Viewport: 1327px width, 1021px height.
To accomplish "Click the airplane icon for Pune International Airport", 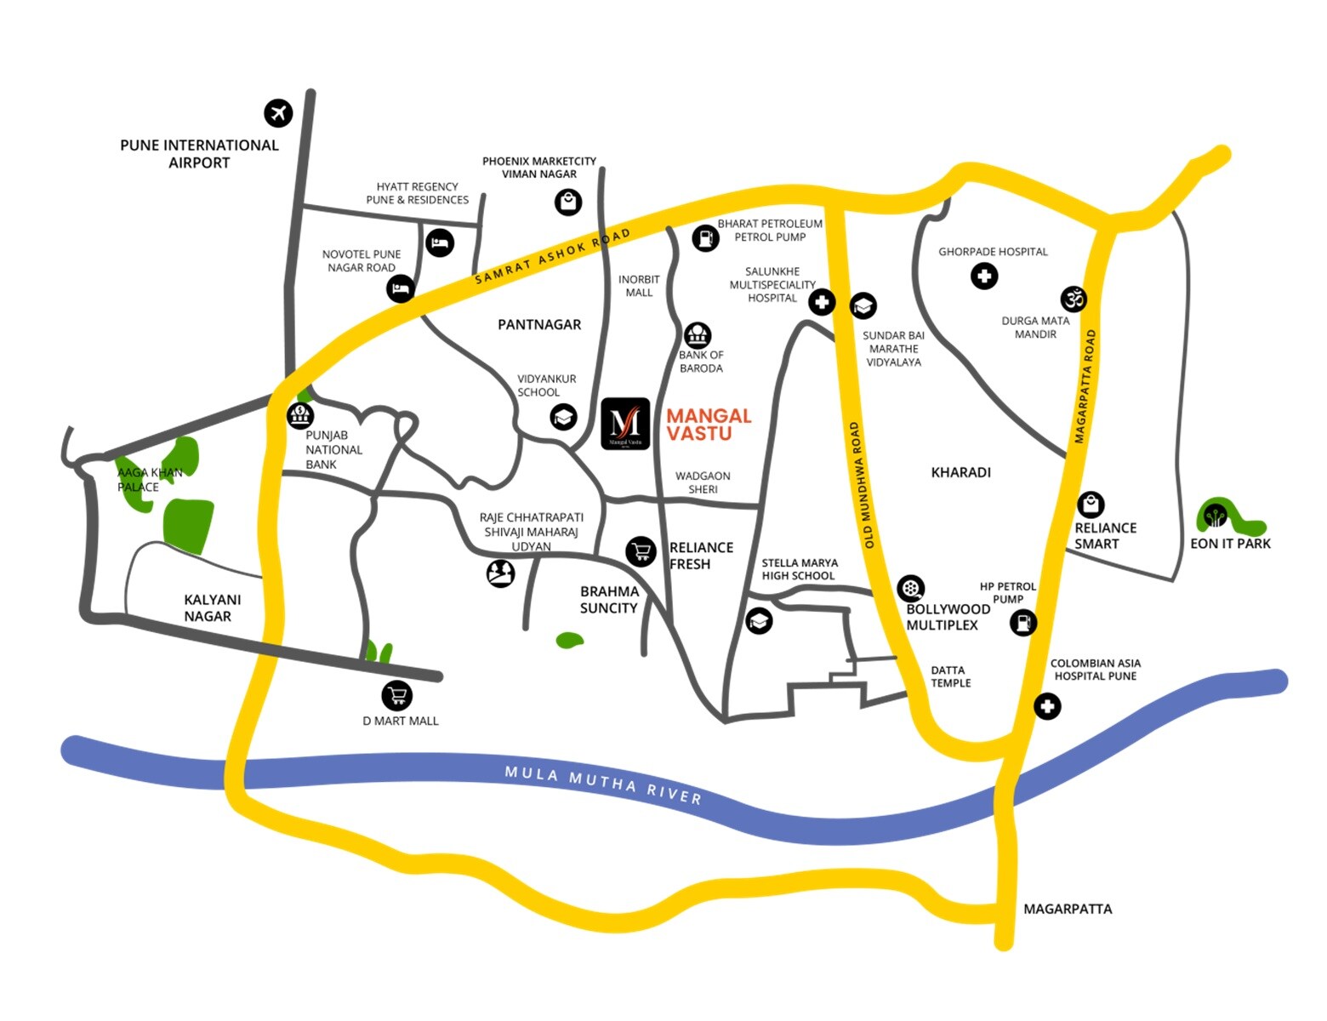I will coord(278,112).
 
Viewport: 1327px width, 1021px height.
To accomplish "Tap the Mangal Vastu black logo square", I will coord(625,424).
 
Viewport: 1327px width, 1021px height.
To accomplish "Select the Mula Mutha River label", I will coord(603,784).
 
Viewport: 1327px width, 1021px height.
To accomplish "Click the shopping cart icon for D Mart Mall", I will coord(396,695).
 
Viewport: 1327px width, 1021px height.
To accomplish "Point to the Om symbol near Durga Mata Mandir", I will coord(1074,299).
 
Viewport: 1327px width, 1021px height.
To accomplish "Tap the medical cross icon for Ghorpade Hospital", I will coord(984,276).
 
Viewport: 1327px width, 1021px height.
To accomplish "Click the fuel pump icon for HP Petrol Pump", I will coord(1022,622).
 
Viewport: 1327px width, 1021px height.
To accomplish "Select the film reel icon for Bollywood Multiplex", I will coord(910,588).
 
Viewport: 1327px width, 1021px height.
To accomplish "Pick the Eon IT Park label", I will coord(1230,544).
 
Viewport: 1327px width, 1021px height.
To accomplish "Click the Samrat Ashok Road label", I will coord(552,255).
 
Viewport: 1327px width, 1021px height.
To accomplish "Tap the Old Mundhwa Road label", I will coord(862,485).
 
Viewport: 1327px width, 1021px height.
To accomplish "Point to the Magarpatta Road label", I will coord(1085,386).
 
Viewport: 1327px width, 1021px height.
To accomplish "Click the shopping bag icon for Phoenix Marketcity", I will coord(568,202).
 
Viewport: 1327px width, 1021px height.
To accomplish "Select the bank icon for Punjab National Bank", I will coord(299,416).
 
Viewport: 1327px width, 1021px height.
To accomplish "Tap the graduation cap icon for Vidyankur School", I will coord(563,417).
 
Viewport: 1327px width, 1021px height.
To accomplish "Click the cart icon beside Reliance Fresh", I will coord(641,551).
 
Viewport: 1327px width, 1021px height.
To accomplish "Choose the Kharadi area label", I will coord(961,472).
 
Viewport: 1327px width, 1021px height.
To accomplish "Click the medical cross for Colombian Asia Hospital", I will coord(1047,705).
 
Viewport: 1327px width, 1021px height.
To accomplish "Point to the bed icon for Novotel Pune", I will coord(401,288).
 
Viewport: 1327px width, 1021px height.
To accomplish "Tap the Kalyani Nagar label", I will coord(208,607).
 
